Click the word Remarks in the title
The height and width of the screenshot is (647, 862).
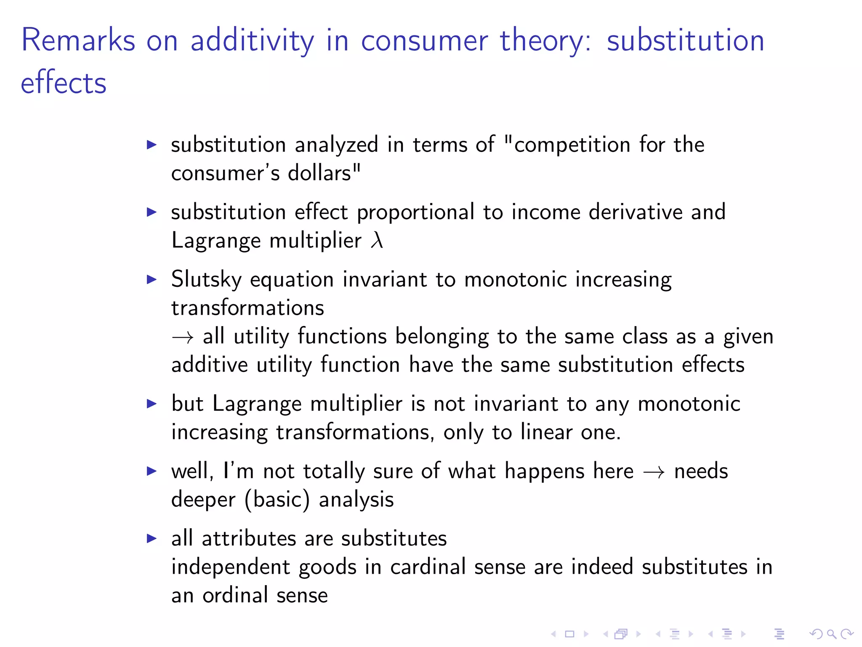tap(78, 40)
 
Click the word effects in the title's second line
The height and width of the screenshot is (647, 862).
tap(64, 83)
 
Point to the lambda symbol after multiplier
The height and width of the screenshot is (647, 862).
tap(377, 241)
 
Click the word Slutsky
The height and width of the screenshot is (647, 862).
tap(206, 280)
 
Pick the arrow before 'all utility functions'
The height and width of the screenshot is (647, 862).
tap(183, 337)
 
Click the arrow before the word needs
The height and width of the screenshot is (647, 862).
tap(654, 472)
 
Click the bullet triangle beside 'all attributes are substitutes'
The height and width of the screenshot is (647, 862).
tap(152, 538)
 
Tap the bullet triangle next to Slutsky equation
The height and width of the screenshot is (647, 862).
tap(152, 279)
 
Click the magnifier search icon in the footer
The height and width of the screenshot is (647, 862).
tap(831, 634)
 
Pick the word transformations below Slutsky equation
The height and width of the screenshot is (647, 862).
tap(247, 308)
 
